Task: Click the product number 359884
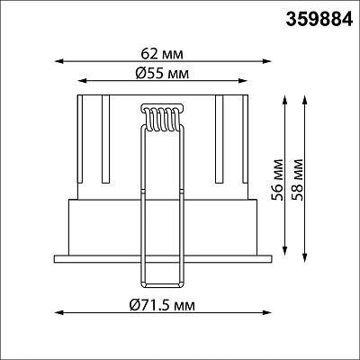pos(319,20)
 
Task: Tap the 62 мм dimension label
pos(162,54)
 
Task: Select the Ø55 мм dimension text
pos(162,73)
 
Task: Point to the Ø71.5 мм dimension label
pos(162,305)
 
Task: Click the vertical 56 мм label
pos(276,180)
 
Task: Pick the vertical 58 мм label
pos(297,180)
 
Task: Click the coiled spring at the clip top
pos(162,118)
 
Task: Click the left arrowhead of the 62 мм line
pos(58,61)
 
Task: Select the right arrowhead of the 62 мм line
pos(266,61)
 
